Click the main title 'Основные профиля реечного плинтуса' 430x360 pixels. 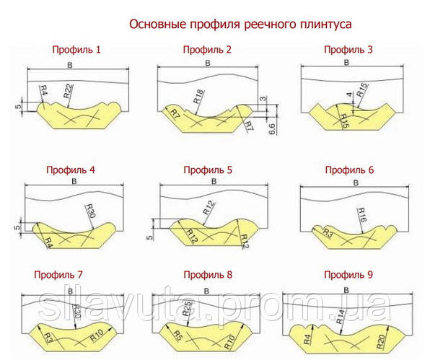[x=240, y=24]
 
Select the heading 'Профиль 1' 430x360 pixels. [x=76, y=51]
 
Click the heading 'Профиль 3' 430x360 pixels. [x=349, y=51]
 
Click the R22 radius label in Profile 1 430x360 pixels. [x=68, y=91]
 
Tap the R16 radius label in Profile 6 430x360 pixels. [x=363, y=214]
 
